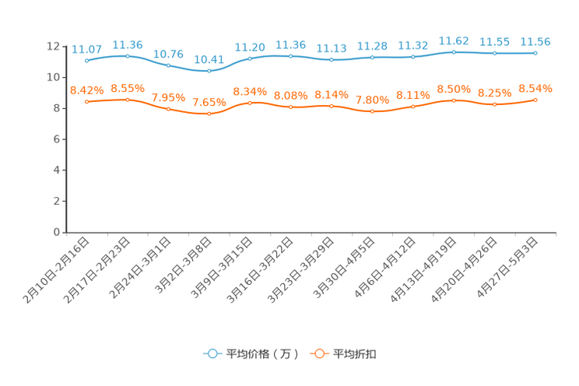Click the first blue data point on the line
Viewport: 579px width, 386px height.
pos(86,60)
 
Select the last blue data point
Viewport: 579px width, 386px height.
pos(535,53)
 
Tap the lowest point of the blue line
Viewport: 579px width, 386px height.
pos(209,71)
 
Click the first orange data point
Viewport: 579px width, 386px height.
pos(86,102)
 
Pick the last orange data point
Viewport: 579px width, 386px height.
pos(535,100)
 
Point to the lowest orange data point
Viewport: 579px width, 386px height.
pos(209,114)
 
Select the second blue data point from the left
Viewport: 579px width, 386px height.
pos(127,56)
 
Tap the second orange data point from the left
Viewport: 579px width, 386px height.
pos(127,100)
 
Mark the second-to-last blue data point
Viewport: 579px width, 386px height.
pos(494,53)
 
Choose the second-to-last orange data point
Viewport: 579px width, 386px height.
pos(494,104)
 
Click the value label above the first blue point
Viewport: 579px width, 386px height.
pos(86,48)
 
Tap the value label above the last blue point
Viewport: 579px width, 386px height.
pos(535,41)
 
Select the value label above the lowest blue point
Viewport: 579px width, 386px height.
pos(209,59)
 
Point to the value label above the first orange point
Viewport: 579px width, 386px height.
pos(86,89)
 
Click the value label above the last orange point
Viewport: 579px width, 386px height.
pos(535,87)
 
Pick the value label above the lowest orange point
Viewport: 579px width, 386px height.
pos(209,102)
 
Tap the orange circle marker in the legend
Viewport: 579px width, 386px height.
pos(318,353)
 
